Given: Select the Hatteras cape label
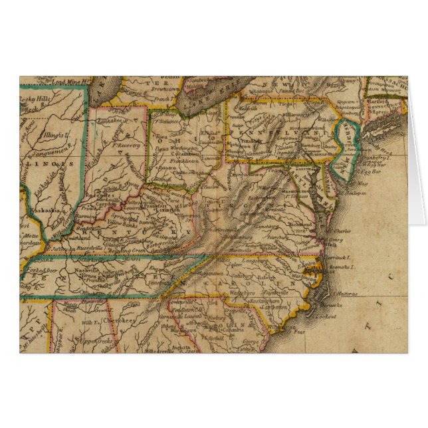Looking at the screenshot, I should click(x=345, y=293).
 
